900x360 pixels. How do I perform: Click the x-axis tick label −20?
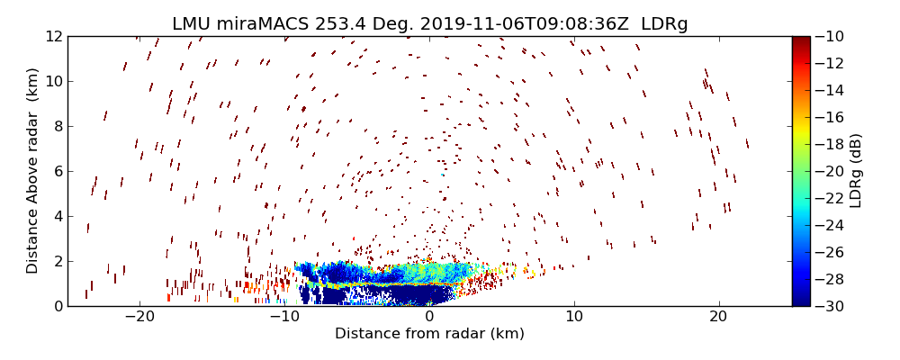139,317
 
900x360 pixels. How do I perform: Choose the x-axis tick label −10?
283,317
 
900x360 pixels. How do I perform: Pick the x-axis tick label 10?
573,317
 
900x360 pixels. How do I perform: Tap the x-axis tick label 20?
718,317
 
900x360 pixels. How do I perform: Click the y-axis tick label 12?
51,37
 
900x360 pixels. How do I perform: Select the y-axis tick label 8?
56,126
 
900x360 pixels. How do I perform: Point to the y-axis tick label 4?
56,216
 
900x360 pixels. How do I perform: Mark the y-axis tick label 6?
56,171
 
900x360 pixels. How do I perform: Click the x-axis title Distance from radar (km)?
429,334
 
